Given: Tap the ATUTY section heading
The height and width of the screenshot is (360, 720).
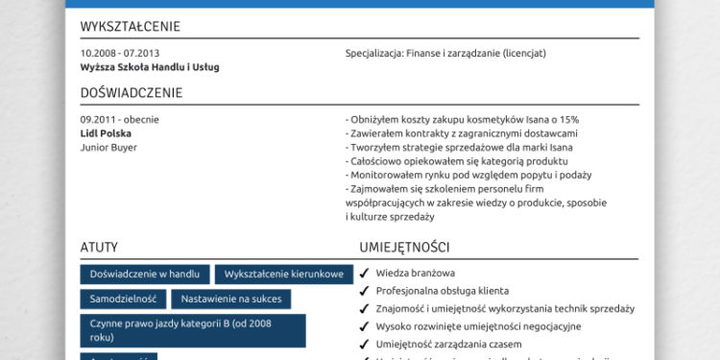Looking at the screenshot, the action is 100,247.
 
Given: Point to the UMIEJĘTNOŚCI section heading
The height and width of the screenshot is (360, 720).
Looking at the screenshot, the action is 404,247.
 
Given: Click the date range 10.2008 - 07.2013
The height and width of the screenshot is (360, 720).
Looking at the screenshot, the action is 120,53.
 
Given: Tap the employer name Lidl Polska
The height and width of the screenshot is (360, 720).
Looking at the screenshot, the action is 107,133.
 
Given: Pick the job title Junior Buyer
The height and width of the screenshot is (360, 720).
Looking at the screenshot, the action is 109,147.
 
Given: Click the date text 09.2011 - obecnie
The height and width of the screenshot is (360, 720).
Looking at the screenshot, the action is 120,120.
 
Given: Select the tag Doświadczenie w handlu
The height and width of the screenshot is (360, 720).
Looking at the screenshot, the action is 145,275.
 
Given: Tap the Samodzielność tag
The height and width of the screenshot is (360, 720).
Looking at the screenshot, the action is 125,299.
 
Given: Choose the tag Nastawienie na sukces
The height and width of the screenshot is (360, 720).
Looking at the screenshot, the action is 231,299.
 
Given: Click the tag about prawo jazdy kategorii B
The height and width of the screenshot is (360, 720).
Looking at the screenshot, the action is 193,330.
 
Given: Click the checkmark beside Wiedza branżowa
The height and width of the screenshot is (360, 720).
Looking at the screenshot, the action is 365,274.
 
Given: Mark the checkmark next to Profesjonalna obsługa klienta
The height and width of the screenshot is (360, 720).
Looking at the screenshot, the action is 365,291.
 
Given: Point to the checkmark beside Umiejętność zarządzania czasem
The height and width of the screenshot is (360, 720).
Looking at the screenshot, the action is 365,345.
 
